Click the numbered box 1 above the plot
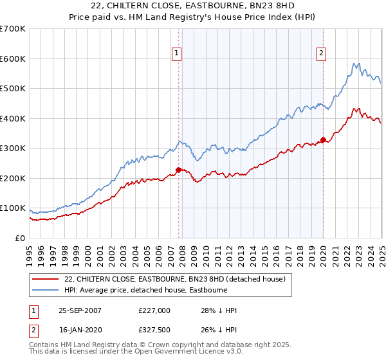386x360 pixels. click(x=176, y=54)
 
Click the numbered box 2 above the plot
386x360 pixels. click(x=320, y=54)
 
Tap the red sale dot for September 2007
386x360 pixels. click(x=178, y=170)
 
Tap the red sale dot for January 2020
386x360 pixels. click(x=323, y=139)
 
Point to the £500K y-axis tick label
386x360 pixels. click(x=13, y=88)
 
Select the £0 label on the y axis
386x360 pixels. click(x=19, y=238)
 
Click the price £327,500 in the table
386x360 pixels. click(x=154, y=331)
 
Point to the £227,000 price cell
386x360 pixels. click(x=154, y=310)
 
